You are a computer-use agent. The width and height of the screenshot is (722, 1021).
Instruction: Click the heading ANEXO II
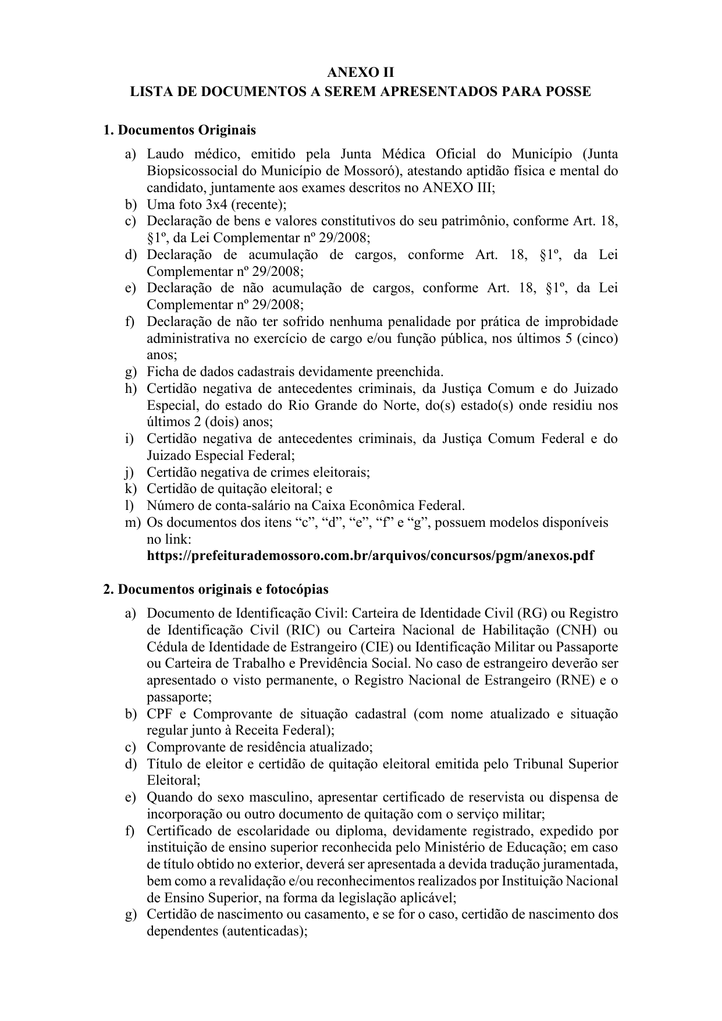361,73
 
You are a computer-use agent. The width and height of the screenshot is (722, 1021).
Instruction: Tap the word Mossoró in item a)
367,171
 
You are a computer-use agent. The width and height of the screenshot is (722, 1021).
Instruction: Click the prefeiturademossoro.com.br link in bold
370,555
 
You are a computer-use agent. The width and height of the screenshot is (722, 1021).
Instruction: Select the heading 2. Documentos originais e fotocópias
215,589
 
